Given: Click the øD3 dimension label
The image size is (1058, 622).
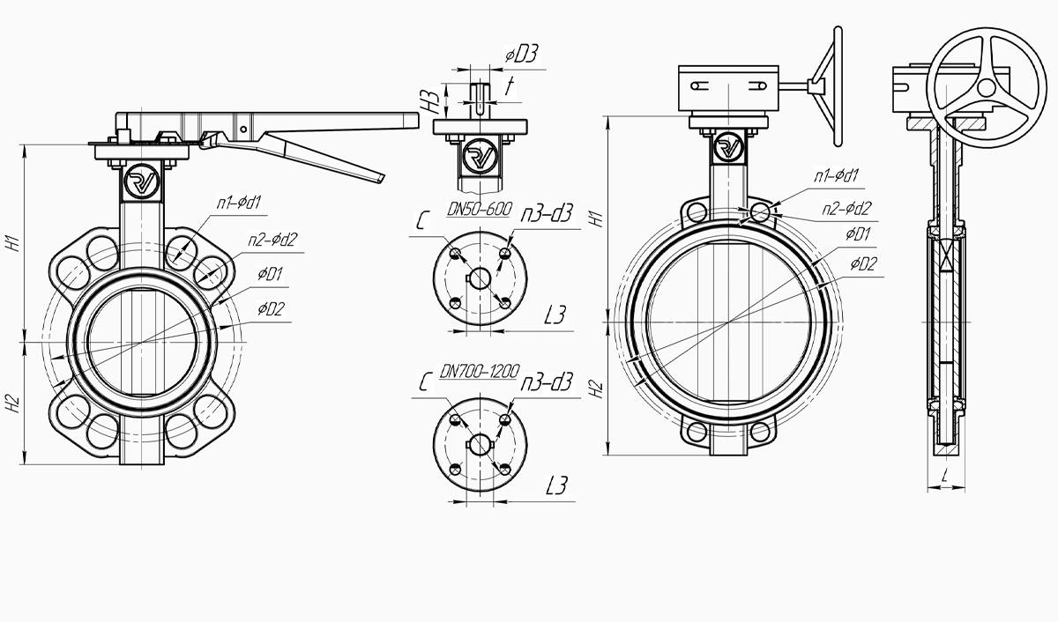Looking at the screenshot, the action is pos(522,56).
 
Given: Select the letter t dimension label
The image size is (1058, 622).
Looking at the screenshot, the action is pos(510,85).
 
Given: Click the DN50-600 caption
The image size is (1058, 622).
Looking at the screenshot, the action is pos(480,209).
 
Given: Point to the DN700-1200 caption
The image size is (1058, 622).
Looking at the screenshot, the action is pos(480,372).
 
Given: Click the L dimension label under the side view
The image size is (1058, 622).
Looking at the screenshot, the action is pos(944,476).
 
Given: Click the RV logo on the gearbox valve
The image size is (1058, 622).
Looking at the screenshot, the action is pos(729,147).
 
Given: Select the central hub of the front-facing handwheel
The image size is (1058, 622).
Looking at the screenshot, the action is pos(987,87).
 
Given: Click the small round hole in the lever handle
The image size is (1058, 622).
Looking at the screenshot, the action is pos(243,130).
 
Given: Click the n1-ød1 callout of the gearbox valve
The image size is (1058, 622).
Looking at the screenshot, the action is pos(836,176).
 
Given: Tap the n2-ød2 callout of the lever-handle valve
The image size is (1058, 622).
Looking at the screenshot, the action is pos(273,240).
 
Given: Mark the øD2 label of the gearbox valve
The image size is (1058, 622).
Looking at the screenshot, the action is pos(864,264).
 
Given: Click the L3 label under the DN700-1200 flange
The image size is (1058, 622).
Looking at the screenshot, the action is pos(556,485).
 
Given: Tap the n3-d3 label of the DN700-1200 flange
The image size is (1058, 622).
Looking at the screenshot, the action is pos(547,382).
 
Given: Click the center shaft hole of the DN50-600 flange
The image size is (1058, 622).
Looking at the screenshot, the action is pos(481,278).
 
